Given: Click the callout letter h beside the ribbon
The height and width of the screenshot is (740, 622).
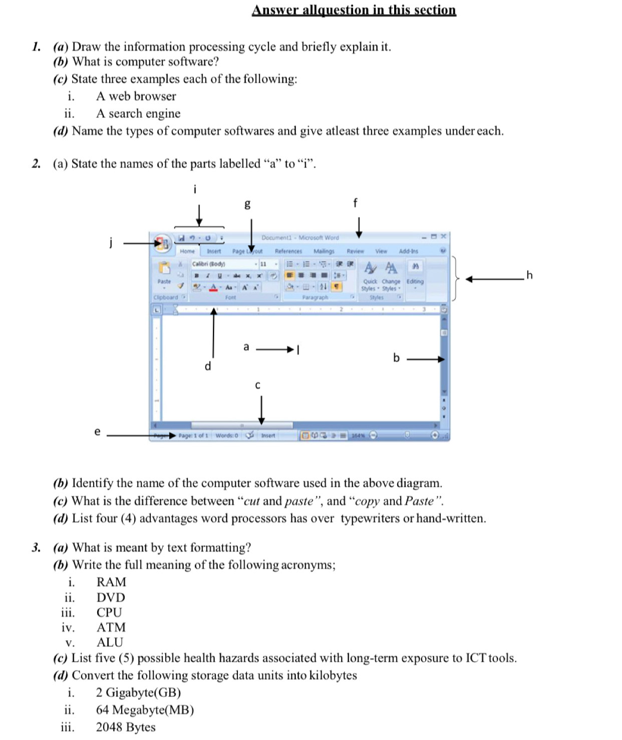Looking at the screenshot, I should pyautogui.click(x=529, y=275).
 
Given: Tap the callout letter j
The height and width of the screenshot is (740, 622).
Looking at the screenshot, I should pyautogui.click(x=111, y=243).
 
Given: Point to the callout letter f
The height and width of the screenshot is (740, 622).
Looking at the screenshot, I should pyautogui.click(x=355, y=203).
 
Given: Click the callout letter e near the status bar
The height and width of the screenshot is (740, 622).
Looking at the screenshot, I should pyautogui.click(x=97, y=431).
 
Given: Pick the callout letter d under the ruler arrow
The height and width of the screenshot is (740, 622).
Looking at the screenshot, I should pyautogui.click(x=208, y=366).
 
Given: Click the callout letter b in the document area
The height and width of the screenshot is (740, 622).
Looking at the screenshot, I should pyautogui.click(x=396, y=357).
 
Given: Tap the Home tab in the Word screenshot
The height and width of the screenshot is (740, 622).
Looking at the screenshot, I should pyautogui.click(x=187, y=251).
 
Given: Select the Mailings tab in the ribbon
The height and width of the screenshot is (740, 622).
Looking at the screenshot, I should pyautogui.click(x=324, y=251).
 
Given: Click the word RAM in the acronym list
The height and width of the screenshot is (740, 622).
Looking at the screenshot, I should pyautogui.click(x=111, y=582).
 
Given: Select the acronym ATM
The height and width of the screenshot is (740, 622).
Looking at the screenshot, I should pyautogui.click(x=111, y=627).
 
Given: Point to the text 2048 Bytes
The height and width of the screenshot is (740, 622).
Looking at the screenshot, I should pyautogui.click(x=126, y=727).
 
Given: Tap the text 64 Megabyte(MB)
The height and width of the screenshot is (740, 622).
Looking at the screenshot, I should pyautogui.click(x=145, y=710).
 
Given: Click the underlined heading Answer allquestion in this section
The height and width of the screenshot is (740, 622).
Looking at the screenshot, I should pyautogui.click(x=354, y=10).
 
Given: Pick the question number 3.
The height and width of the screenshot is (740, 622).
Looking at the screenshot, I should pyautogui.click(x=36, y=547).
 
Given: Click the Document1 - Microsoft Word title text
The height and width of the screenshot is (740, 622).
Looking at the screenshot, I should pyautogui.click(x=300, y=238).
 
